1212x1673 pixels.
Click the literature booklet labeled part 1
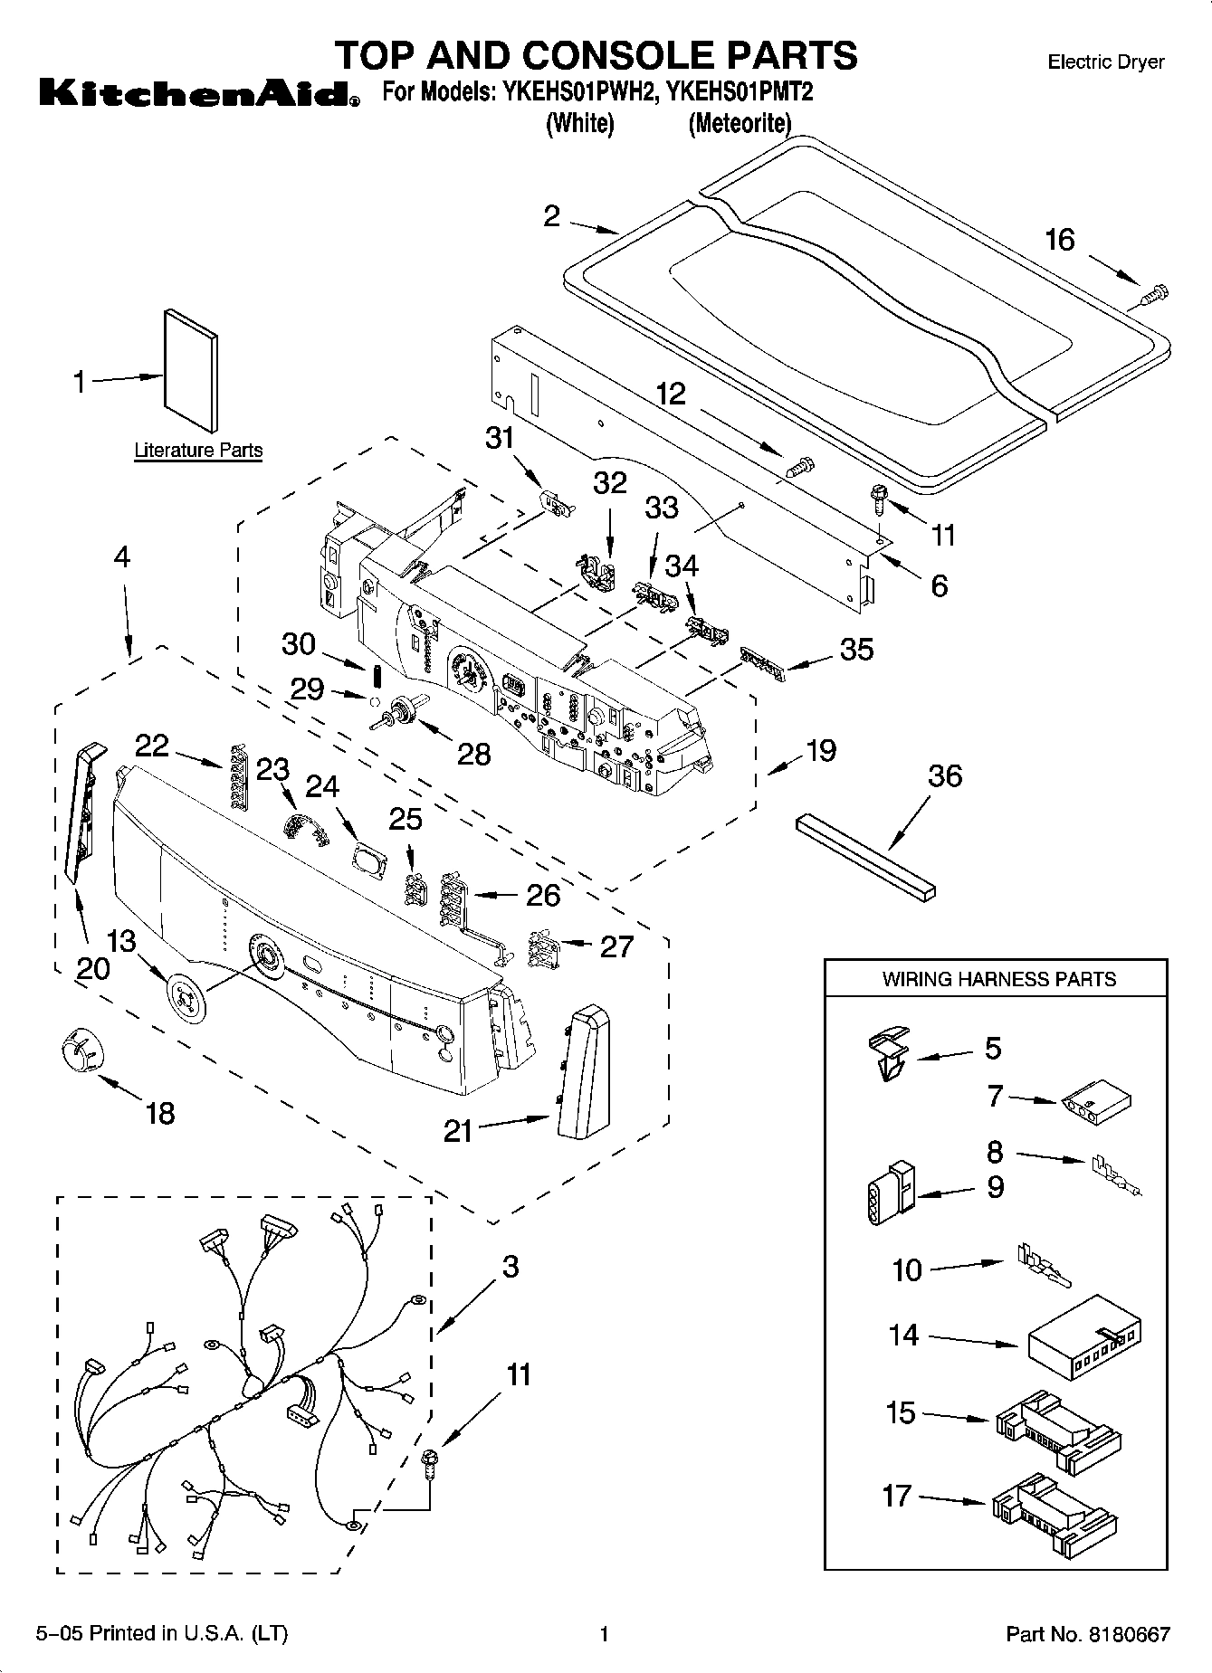pyautogui.click(x=191, y=371)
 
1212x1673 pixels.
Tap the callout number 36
pyautogui.click(x=945, y=776)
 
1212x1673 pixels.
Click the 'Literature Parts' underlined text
pyautogui.click(x=198, y=451)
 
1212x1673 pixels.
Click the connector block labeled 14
pyautogui.click(x=1083, y=1339)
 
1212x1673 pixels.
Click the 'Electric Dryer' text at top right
pyautogui.click(x=1105, y=62)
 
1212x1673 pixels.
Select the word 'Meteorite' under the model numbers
pyautogui.click(x=740, y=123)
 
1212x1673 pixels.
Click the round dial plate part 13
pyautogui.click(x=187, y=996)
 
